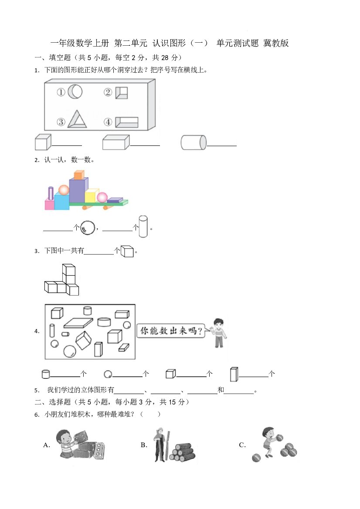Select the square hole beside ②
point(122,92)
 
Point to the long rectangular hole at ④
point(127,122)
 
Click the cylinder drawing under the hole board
point(194,142)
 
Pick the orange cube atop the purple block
point(79,175)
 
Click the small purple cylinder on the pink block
point(51,193)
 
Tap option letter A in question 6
point(47,445)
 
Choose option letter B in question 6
point(144,445)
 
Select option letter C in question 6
point(242,445)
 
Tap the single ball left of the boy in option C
point(256,458)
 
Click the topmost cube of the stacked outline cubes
point(68,270)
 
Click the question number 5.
point(37,390)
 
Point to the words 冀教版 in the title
point(276,43)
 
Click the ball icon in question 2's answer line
point(88,228)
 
